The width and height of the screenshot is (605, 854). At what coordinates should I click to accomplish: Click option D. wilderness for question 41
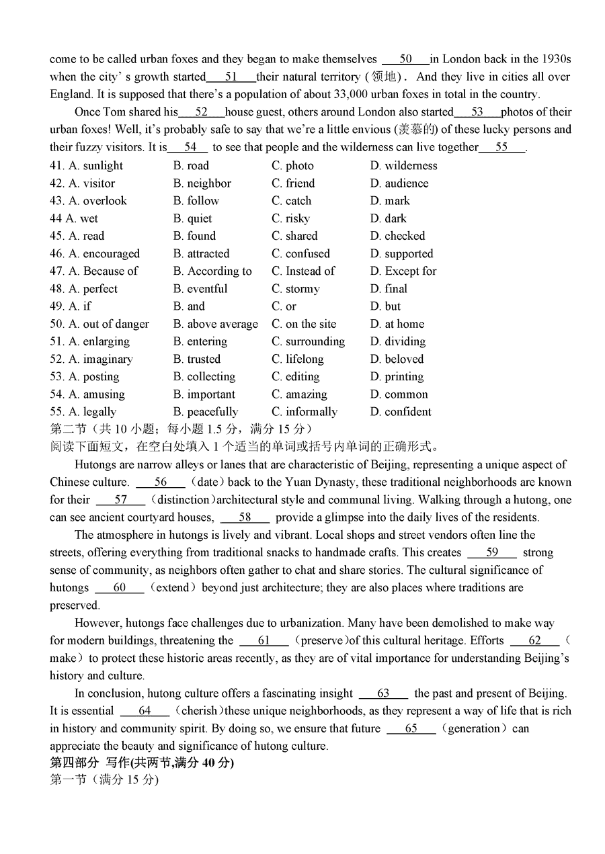pos(403,166)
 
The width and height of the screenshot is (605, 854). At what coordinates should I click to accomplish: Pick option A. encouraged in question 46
pos(104,254)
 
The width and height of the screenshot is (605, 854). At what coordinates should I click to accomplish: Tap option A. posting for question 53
pos(93,377)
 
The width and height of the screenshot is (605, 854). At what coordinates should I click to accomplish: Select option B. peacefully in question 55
pos(205,412)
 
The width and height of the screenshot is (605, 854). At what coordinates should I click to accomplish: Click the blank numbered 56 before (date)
pos(161,482)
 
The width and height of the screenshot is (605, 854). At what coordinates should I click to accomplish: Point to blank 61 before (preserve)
pos(264,641)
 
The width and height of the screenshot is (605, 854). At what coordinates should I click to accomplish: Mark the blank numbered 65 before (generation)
pos(411,729)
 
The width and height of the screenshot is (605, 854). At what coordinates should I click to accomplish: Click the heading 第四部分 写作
pos(142,763)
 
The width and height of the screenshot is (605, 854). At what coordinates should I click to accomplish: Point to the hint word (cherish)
pos(199,711)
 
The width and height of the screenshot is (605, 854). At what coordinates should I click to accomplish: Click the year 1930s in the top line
pos(555,59)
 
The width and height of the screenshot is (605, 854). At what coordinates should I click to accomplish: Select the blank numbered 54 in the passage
pos(190,147)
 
